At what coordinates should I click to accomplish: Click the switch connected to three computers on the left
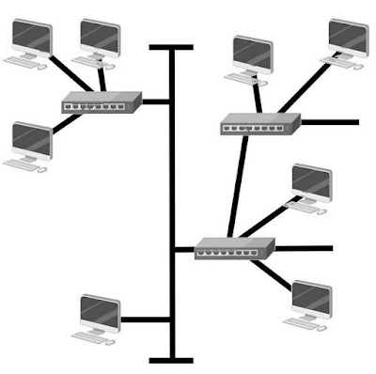coord(101,102)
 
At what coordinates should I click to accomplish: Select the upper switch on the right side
coord(259,123)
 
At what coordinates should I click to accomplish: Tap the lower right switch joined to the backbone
coord(234,248)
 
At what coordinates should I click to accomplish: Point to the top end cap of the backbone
coord(171,47)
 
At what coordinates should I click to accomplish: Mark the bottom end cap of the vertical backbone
coord(171,359)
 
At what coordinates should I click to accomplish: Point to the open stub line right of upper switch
coord(329,121)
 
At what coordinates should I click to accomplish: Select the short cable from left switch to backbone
coord(156,101)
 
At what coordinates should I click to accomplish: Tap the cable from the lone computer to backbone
coord(146,319)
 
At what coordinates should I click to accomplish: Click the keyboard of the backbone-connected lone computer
coord(94,334)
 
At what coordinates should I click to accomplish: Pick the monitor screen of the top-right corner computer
coord(349,36)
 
